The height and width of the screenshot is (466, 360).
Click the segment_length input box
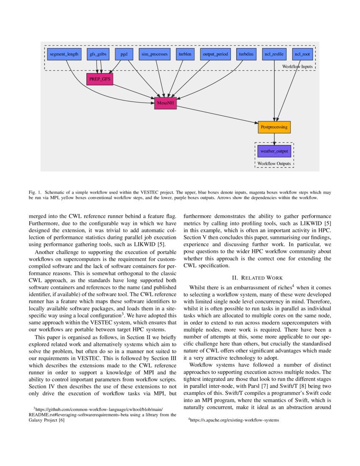point(64,55)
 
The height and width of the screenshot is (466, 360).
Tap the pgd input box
point(124,55)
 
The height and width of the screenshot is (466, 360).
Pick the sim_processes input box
point(155,55)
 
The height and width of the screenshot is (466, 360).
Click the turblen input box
point(185,55)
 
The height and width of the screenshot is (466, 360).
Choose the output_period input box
point(215,55)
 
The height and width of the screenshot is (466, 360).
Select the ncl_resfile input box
point(274,55)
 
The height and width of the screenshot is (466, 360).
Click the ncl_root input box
point(303,55)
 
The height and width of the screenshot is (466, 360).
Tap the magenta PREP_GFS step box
point(100,79)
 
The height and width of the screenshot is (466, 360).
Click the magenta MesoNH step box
point(165,103)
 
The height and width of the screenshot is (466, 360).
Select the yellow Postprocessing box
point(274,127)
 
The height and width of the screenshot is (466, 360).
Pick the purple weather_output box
point(274,151)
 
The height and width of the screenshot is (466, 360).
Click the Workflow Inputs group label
point(297,67)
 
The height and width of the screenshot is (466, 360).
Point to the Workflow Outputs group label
point(274,163)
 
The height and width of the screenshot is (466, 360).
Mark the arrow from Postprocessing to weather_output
point(274,139)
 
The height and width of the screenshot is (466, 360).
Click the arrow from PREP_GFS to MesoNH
point(133,92)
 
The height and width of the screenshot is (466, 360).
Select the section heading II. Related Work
point(258,278)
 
